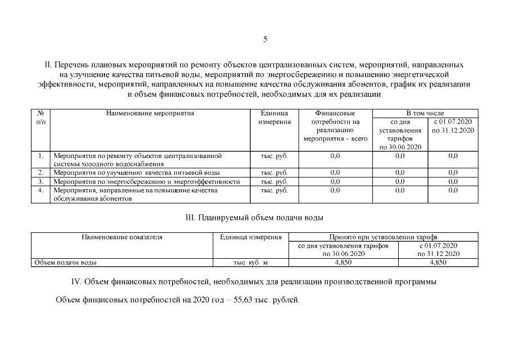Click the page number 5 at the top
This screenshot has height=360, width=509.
(265, 39)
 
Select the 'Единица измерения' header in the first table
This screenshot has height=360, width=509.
(275, 117)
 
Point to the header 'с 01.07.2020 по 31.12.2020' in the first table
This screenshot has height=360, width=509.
(453, 126)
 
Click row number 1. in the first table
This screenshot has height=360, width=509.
(40, 155)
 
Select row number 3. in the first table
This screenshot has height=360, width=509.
(40, 182)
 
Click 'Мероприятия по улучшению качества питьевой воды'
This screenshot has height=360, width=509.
(137, 173)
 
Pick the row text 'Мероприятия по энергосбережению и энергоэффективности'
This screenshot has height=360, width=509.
(147, 182)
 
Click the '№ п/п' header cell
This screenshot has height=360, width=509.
(40, 117)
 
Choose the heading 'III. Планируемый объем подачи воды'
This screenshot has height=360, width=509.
(254, 217)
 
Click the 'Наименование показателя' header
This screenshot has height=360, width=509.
(122, 237)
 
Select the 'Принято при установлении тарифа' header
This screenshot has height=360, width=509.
(383, 237)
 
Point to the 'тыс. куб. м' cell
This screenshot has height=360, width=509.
(251, 262)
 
